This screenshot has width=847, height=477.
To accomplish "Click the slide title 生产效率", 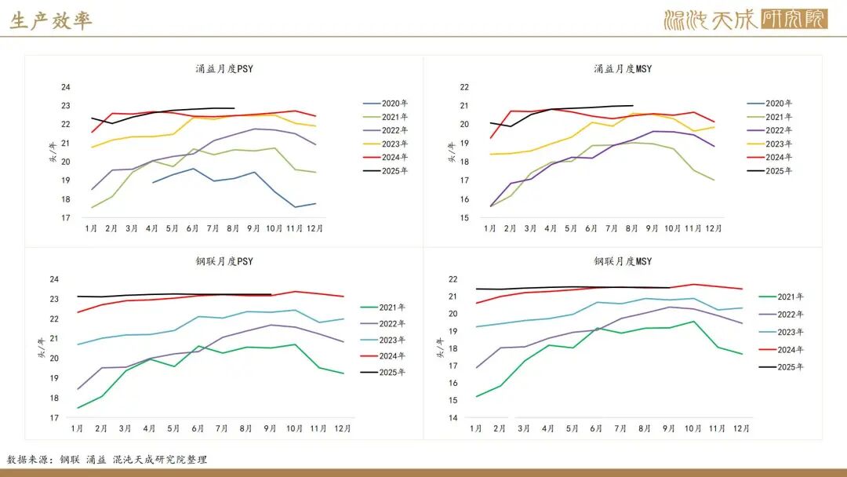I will point(51,21).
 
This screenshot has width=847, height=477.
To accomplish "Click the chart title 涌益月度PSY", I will point(224,69).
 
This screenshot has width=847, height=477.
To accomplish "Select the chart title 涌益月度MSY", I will point(623,69).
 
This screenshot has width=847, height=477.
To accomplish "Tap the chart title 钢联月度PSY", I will point(224,261).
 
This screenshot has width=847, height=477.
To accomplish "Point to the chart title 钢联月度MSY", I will point(623,261).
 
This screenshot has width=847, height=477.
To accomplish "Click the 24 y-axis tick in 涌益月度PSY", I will point(65,87).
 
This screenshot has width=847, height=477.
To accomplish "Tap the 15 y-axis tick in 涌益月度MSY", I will point(464,218).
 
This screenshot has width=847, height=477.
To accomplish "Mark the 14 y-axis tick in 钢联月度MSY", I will point(453,418).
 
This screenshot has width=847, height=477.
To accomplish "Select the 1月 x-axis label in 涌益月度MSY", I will point(490,228).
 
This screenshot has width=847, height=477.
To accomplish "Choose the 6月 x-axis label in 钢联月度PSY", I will point(198,428).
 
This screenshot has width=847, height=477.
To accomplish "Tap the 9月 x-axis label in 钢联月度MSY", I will point(669,428).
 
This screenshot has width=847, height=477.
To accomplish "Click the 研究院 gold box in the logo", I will point(794,20).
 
